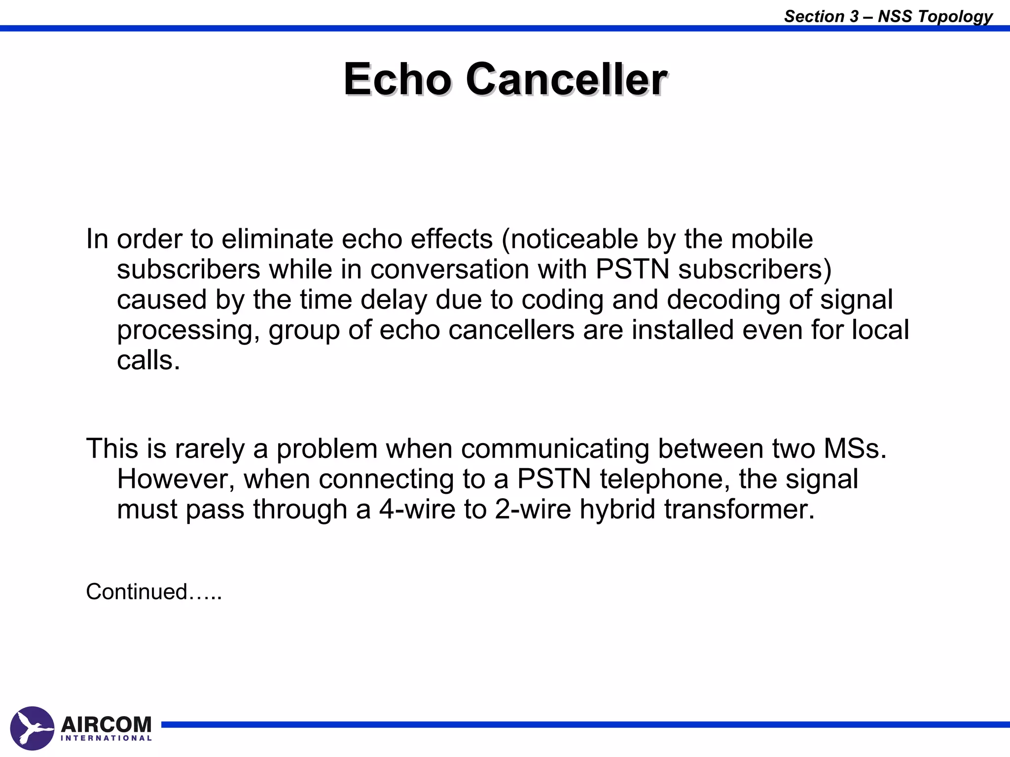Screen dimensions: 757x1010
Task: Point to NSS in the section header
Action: tap(895, 16)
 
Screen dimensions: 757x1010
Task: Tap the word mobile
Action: tap(772, 239)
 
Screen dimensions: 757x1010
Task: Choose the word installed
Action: tap(683, 329)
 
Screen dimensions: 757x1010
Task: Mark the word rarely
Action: tap(209, 449)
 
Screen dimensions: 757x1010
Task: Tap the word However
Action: tap(176, 479)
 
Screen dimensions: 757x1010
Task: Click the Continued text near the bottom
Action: tap(153, 591)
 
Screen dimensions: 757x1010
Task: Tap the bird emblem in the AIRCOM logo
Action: tap(32, 728)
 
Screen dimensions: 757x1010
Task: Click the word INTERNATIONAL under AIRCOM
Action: tap(106, 738)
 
